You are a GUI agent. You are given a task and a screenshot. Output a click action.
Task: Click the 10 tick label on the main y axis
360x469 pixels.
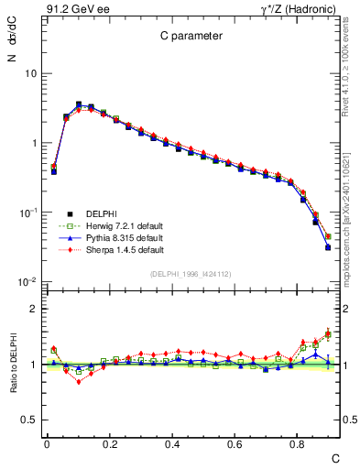click(x=30, y=73)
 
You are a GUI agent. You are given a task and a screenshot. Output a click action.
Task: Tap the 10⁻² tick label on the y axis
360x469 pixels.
click(x=27, y=282)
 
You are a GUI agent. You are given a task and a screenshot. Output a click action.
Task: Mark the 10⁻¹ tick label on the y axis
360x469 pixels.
click(x=27, y=213)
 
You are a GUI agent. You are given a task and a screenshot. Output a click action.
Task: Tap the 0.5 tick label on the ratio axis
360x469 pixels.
click(x=30, y=420)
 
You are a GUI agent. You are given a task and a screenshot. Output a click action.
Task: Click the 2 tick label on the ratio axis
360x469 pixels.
click(x=34, y=309)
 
